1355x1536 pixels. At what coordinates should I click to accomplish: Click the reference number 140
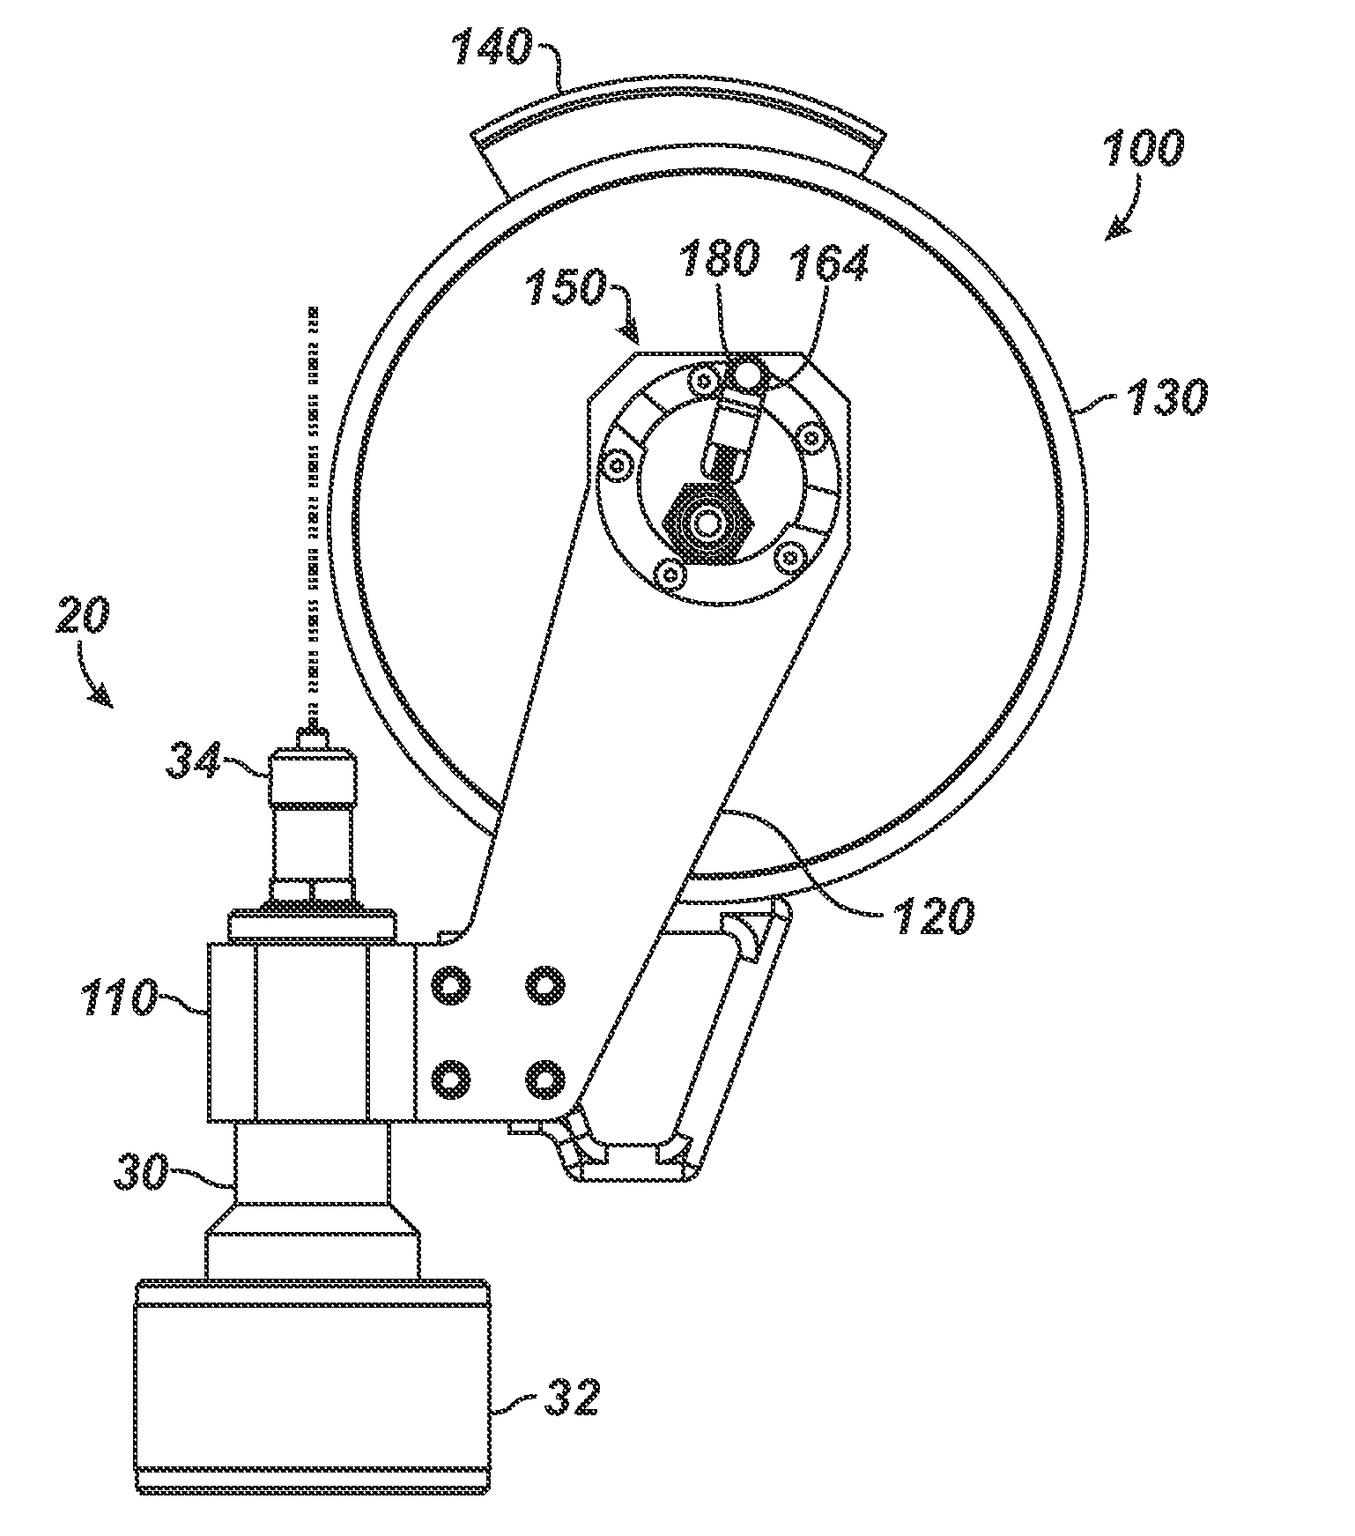pyautogui.click(x=494, y=48)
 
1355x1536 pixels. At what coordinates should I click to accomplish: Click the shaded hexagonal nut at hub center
pyautogui.click(x=707, y=523)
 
